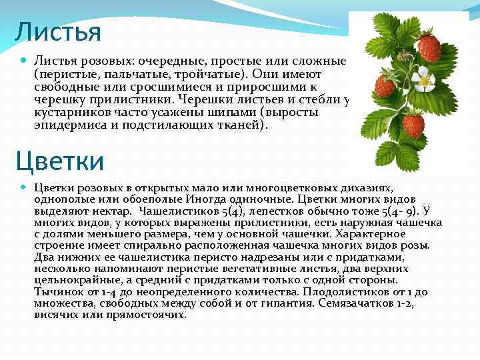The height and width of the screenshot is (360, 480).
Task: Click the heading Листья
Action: [x=57, y=31]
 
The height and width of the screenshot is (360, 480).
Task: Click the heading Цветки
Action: [x=60, y=161]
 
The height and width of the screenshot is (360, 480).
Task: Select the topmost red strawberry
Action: [x=429, y=47]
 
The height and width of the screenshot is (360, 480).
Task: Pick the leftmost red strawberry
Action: [x=385, y=86]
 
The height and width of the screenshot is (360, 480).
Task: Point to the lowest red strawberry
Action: [x=413, y=125]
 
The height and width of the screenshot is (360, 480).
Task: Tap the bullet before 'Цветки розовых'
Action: [x=24, y=188]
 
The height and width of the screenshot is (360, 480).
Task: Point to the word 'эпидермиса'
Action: [x=63, y=125]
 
